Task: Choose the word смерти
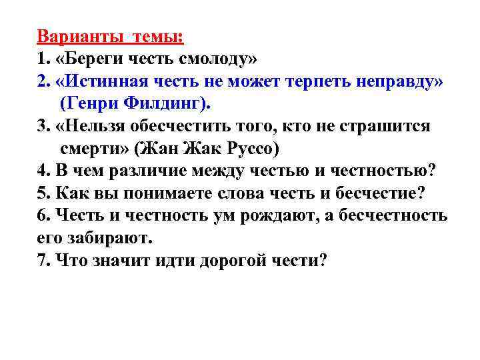click(91, 149)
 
